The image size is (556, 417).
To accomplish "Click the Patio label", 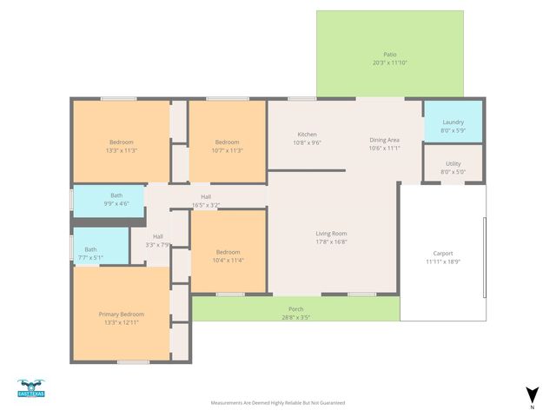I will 390,54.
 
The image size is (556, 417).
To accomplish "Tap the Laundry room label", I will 453,122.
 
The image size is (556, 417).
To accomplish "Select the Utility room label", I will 453,163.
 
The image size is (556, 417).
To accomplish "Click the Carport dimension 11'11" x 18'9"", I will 443,261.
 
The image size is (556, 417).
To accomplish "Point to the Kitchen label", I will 308,135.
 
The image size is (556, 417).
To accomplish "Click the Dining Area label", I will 384,140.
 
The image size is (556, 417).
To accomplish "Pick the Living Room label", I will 331,233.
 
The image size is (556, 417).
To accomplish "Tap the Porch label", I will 295,309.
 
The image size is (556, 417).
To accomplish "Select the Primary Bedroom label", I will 121,314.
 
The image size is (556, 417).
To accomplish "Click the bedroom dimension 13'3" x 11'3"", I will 121,150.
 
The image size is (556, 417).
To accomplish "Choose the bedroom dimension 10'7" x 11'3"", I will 227,150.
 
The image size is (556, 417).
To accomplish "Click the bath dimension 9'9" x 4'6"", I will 116,204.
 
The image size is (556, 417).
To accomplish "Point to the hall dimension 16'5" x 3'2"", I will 206,205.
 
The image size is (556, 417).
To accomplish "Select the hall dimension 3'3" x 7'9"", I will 158,245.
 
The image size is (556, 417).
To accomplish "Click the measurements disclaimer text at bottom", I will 278,403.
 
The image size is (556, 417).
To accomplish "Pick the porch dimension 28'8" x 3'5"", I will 295,317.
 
